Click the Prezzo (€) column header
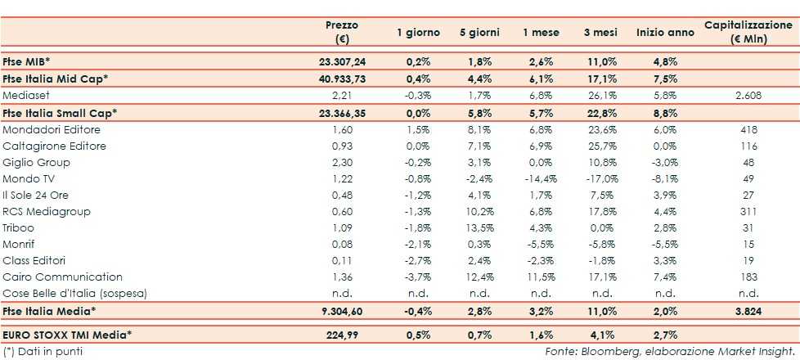point(341,32)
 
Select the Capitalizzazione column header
point(748,32)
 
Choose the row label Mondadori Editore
point(51,129)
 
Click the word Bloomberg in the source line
point(601,352)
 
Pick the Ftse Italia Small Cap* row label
point(61,112)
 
